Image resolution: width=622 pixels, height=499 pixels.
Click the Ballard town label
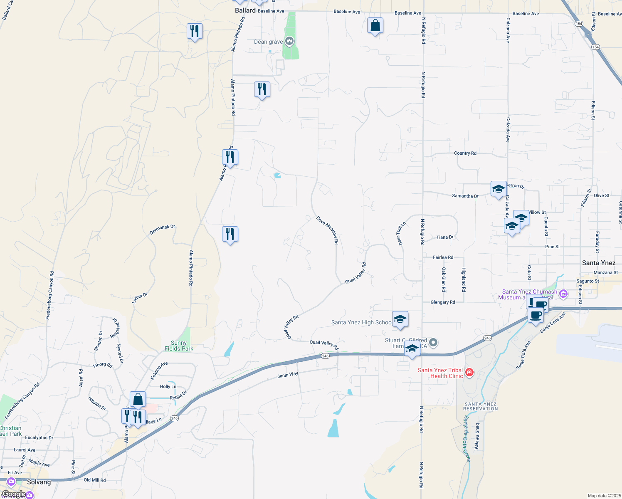coord(245,10)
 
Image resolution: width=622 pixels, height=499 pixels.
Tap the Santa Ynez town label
coord(598,263)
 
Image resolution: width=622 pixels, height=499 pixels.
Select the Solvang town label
coord(39,482)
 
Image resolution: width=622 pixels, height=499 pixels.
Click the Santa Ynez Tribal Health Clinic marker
coord(469,372)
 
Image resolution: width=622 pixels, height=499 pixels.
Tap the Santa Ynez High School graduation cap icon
coord(400,319)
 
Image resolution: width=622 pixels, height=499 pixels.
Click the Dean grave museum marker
coord(290,41)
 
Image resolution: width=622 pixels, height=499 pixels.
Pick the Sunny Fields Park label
coord(179,346)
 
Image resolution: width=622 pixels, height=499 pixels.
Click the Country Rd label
coord(465,153)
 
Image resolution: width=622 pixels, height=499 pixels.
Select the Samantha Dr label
coord(465,196)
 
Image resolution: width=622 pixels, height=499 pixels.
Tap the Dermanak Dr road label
coord(162,230)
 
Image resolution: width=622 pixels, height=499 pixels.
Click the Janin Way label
coord(288,375)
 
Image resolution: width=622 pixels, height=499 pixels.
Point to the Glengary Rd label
coord(443,302)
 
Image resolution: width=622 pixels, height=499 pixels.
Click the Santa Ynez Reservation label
coord(481,406)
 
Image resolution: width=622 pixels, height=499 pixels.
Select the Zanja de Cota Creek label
coord(467,439)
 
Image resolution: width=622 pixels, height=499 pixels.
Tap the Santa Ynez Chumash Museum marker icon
coord(563,294)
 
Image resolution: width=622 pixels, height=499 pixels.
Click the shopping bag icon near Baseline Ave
coord(375,26)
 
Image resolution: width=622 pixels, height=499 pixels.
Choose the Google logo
coord(14,494)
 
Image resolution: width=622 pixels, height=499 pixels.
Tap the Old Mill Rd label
coord(95,480)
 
